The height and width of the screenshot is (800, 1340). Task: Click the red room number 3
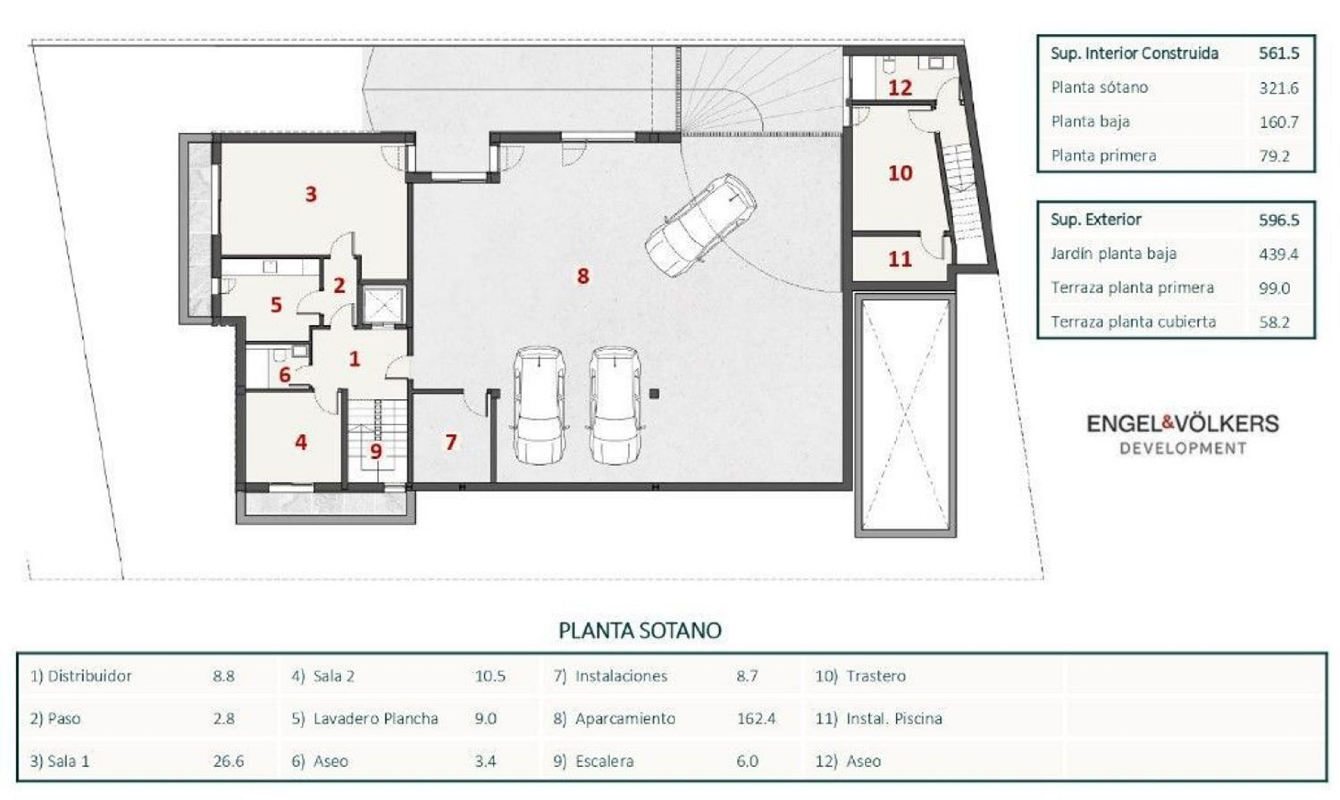pyautogui.click(x=311, y=194)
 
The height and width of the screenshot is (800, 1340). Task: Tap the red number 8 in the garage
pyautogui.click(x=582, y=276)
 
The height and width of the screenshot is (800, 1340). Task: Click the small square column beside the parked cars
pyautogui.click(x=654, y=394)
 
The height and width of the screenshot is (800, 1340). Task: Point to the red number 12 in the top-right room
pyautogui.click(x=900, y=88)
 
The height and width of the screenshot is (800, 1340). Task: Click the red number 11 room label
pyautogui.click(x=900, y=259)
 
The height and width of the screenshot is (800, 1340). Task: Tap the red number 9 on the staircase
pyautogui.click(x=376, y=451)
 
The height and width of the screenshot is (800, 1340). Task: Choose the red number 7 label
pyautogui.click(x=451, y=442)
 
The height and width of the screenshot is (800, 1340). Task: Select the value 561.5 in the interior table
pyautogui.click(x=1279, y=53)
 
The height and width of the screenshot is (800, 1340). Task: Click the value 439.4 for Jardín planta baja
pyautogui.click(x=1278, y=254)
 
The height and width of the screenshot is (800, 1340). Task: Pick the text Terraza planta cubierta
pyautogui.click(x=1133, y=322)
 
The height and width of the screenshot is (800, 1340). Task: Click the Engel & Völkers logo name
pyautogui.click(x=1183, y=424)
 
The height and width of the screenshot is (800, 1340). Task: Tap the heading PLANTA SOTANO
pyautogui.click(x=640, y=631)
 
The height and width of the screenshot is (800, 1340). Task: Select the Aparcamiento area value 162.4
pyautogui.click(x=756, y=718)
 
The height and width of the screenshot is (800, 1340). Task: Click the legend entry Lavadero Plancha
pyautogui.click(x=376, y=718)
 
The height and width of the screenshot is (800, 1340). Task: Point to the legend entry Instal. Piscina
pyautogui.click(x=894, y=718)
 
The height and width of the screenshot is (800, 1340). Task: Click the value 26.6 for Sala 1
pyautogui.click(x=228, y=761)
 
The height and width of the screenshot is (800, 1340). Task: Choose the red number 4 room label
pyautogui.click(x=301, y=442)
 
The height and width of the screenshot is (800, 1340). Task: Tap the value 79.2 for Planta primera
pyautogui.click(x=1274, y=156)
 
